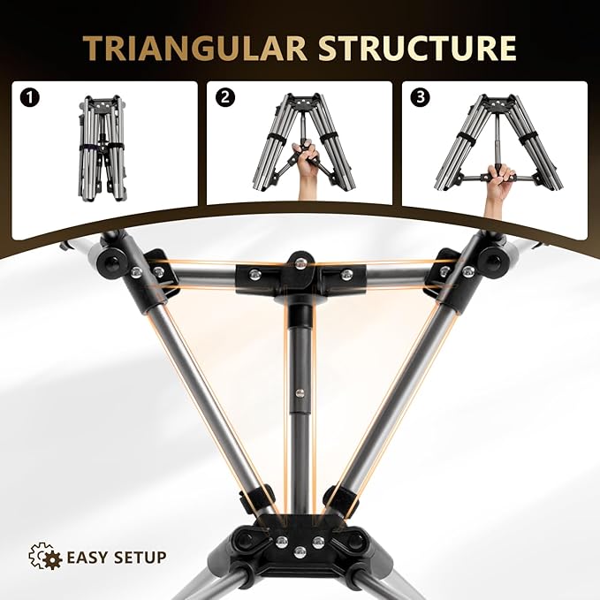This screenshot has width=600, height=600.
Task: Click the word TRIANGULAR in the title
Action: pyautogui.click(x=194, y=49)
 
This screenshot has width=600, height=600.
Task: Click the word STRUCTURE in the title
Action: pyautogui.click(x=417, y=49)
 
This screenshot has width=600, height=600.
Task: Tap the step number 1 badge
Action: pyautogui.click(x=29, y=97)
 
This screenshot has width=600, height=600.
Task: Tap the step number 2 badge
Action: pyautogui.click(x=225, y=97)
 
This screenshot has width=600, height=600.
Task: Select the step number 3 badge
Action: pyautogui.click(x=420, y=97)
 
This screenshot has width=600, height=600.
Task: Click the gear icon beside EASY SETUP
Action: pyautogui.click(x=46, y=556)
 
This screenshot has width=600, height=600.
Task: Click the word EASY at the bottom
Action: pyautogui.click(x=86, y=557)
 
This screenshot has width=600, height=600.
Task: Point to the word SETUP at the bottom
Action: pyautogui.click(x=140, y=557)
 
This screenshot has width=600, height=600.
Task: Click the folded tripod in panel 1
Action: pyautogui.click(x=102, y=148)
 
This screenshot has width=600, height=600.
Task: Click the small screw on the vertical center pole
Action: pyautogui.click(x=299, y=392)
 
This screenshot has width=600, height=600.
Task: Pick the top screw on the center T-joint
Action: pyautogui.click(x=300, y=262)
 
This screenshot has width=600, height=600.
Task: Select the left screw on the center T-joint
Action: pyautogui.click(x=253, y=274)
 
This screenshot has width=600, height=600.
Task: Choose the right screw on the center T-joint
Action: pyautogui.click(x=346, y=274)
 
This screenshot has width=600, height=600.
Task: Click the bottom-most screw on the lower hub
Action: pyautogui.click(x=300, y=552)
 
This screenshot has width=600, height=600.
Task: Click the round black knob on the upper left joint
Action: pyautogui.click(x=108, y=262)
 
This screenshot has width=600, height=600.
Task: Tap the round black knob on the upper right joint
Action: pyautogui.click(x=491, y=259)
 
